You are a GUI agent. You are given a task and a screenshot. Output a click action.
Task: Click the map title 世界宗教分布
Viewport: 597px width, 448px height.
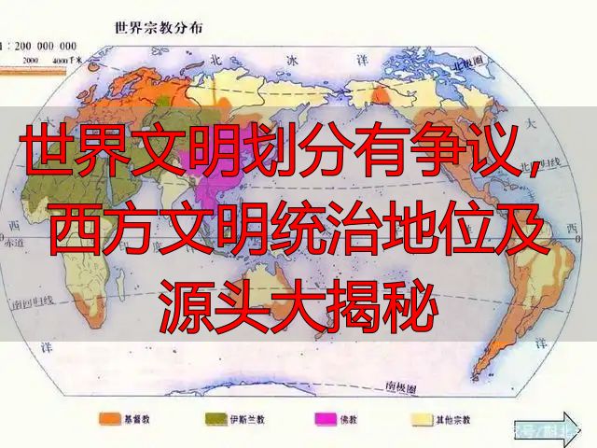click(x=159, y=27)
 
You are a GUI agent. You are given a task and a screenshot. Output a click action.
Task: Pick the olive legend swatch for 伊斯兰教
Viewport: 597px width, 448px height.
click(x=209, y=420)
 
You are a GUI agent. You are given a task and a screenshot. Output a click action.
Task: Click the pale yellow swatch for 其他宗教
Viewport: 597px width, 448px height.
click(x=424, y=420)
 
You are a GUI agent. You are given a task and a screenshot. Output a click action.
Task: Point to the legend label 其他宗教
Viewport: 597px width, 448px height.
click(x=463, y=420)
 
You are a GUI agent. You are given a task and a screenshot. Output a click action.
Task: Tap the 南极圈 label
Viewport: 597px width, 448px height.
click(x=400, y=385)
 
